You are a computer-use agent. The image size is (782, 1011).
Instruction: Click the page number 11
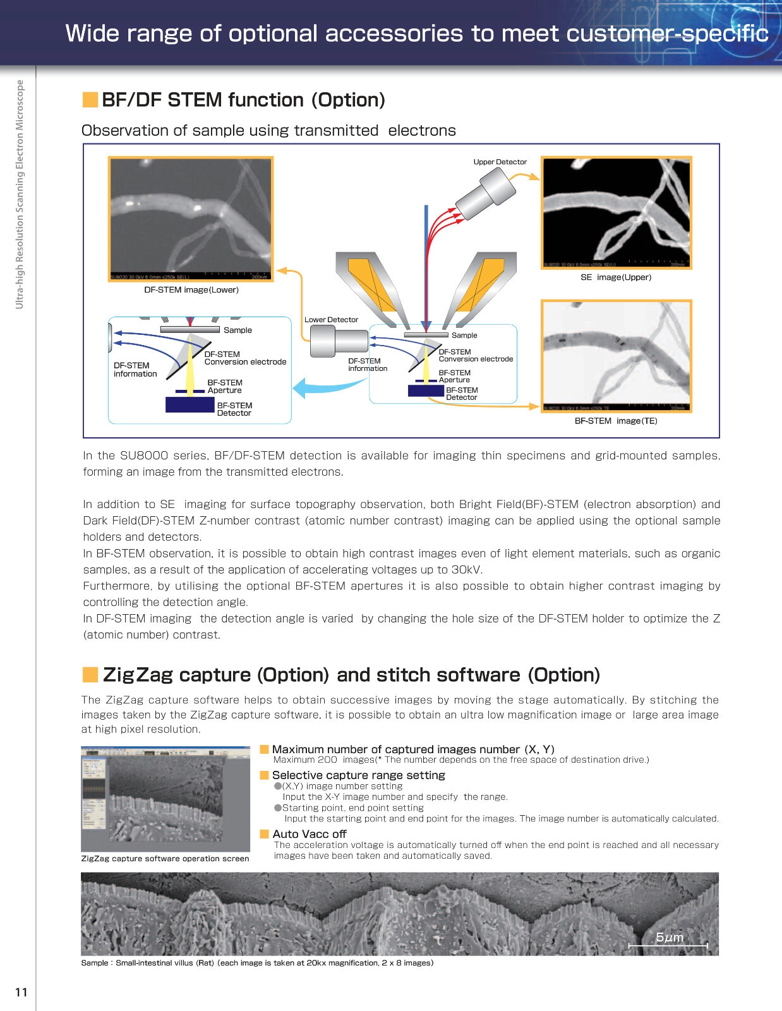pos(21,992)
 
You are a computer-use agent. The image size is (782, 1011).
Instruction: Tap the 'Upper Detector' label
pos(500,162)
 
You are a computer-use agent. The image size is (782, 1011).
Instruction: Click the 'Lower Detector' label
pos(331,320)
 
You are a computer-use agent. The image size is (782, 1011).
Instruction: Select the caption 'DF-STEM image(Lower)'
pos(191,290)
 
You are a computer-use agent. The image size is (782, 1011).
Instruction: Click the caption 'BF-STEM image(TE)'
pos(615,421)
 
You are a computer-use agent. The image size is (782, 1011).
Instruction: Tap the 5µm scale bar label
pos(670,937)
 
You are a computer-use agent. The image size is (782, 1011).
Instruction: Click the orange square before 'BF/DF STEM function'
pos(90,100)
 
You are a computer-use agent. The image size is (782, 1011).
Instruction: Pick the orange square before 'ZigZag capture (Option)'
pos(90,675)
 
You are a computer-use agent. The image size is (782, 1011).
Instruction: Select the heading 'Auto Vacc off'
pos(310,834)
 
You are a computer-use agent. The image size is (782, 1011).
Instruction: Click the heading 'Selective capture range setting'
pos(358,775)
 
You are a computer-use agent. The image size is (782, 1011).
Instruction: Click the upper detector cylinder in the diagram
pos(484,195)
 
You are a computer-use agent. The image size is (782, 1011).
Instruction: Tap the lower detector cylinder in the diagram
pos(338,341)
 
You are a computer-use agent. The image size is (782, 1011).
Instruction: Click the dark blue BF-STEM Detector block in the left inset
pos(189,404)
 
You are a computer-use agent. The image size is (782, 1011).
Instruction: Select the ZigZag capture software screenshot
pos(165,799)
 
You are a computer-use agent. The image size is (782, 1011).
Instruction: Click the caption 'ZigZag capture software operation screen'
pos(165,859)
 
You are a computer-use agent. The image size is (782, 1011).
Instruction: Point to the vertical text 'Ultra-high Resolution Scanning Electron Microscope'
pos(20,194)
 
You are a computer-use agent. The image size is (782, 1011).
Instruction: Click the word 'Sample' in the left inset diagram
pos(238,330)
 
